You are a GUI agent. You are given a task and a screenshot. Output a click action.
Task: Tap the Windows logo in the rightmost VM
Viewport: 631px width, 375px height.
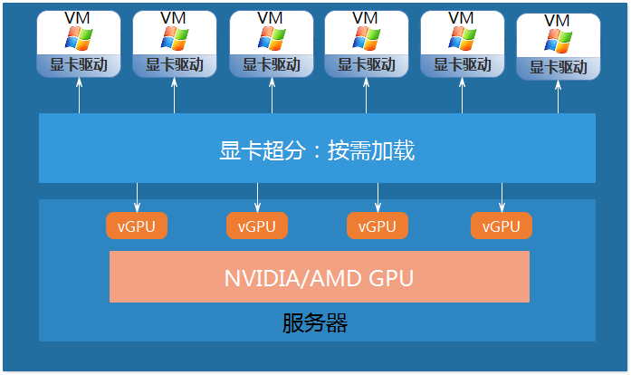coord(558,41)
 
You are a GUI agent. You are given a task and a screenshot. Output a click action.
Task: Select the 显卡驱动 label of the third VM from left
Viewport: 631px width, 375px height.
coord(270,65)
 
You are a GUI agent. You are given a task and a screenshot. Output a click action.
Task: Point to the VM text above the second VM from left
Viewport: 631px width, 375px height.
coord(173,18)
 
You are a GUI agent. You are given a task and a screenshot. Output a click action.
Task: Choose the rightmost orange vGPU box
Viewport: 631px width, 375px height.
coord(502,226)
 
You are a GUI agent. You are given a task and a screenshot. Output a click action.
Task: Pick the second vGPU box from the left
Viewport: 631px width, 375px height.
coord(257,226)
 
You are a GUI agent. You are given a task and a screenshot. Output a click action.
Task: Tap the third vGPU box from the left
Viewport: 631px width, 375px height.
coord(378,226)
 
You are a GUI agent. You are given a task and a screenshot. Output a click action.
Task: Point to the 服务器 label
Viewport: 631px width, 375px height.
coord(315,322)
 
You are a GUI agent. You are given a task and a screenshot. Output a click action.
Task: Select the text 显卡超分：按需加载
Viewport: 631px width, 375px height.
coord(317,150)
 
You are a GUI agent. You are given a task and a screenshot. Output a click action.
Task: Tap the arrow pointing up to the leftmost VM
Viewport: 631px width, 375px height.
coord(79,96)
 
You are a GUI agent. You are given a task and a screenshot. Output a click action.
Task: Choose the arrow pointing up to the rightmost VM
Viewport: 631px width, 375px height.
coord(558,98)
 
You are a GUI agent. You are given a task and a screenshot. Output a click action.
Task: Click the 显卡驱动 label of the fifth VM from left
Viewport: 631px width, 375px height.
coord(462,65)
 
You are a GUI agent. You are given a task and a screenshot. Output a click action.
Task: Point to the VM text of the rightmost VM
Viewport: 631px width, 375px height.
coord(558,20)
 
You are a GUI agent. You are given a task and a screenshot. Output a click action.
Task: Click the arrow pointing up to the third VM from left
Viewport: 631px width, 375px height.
coord(270,96)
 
